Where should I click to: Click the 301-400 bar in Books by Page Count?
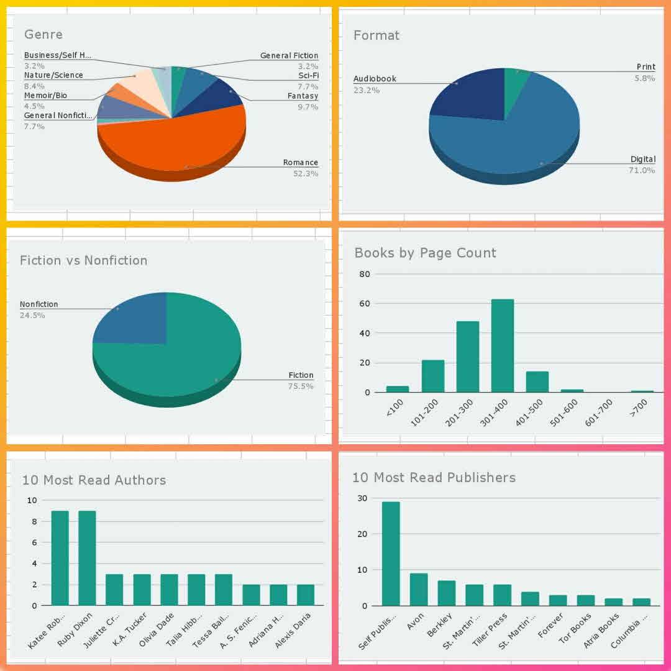click(x=503, y=345)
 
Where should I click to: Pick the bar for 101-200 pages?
click(x=433, y=376)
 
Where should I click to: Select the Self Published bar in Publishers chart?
click(x=391, y=553)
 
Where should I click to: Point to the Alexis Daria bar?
click(x=305, y=595)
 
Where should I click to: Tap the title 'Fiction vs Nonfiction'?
click(x=83, y=260)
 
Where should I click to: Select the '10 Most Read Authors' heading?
click(x=94, y=480)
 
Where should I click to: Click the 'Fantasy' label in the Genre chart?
click(x=303, y=96)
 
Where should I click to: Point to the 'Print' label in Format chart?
click(x=646, y=67)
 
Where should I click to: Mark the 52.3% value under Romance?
click(x=306, y=174)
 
